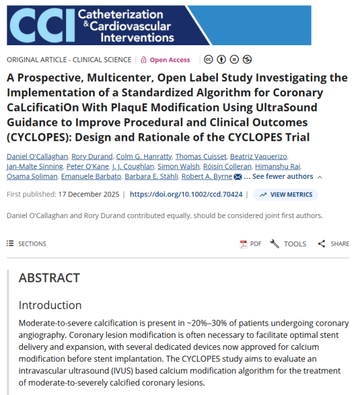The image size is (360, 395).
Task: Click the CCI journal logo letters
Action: (x=39, y=25)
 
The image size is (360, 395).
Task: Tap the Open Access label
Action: (x=170, y=60)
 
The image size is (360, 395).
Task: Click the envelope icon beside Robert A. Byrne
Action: (x=238, y=177)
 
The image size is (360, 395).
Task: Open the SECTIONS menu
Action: (x=27, y=244)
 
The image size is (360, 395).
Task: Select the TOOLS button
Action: (x=288, y=244)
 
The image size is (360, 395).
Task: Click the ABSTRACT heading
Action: (x=49, y=278)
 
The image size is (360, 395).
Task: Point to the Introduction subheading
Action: (x=50, y=305)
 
